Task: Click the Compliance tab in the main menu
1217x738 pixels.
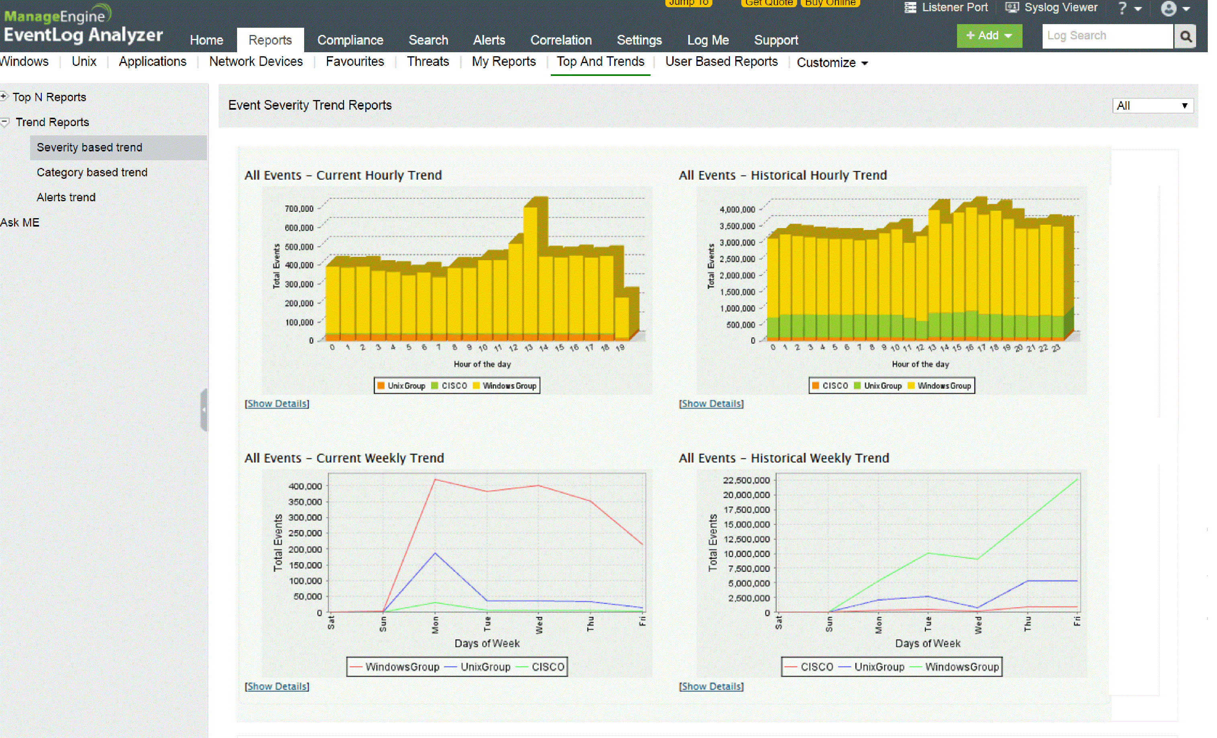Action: click(350, 40)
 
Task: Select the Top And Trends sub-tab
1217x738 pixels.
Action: click(600, 62)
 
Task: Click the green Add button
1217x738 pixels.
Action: click(988, 36)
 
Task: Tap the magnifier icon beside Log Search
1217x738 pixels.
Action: click(1185, 36)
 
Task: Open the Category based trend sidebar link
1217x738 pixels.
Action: click(92, 172)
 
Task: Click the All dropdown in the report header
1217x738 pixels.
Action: click(1152, 106)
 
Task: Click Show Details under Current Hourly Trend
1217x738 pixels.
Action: click(276, 404)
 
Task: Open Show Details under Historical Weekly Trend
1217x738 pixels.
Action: click(711, 686)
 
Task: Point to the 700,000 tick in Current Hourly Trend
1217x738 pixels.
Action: click(299, 209)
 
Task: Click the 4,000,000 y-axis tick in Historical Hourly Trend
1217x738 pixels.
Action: click(737, 209)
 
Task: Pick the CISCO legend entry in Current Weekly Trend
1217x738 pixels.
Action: click(547, 667)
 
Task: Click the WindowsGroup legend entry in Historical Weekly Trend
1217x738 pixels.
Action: click(961, 667)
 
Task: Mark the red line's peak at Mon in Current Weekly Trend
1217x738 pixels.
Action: click(435, 479)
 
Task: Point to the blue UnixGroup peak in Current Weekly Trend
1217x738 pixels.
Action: click(435, 554)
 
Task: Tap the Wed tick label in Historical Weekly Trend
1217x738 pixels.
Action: click(978, 625)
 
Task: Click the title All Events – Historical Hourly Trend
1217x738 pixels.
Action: click(782, 176)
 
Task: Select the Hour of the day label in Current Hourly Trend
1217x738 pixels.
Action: click(482, 364)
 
